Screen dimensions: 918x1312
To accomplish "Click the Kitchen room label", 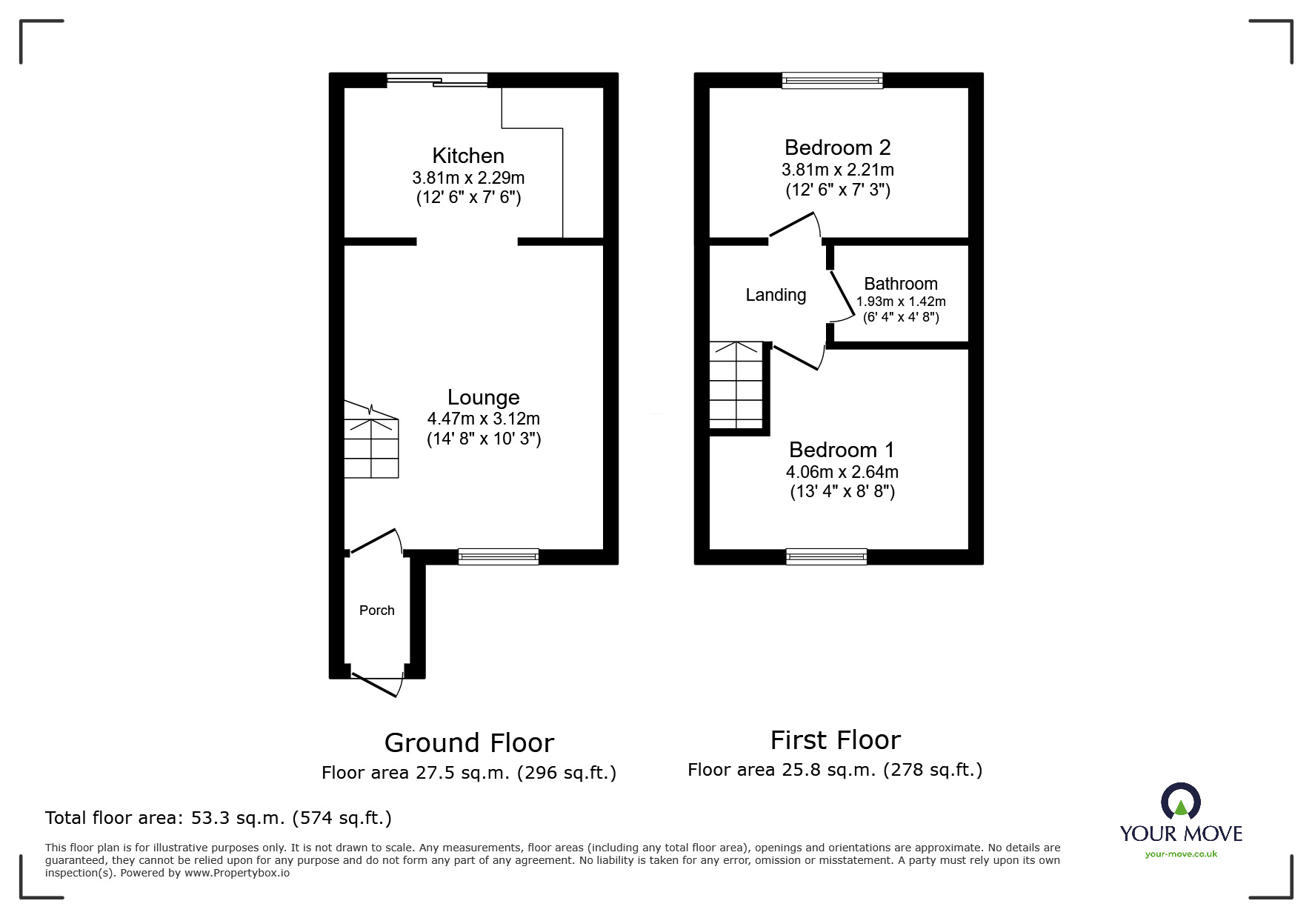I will tap(468, 156).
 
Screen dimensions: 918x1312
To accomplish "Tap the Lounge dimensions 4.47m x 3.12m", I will tap(483, 419).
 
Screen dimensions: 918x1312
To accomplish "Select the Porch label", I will tap(376, 611).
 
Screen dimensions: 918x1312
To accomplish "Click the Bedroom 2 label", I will tap(837, 147).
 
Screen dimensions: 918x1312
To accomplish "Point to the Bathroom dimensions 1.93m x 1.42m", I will tap(901, 302).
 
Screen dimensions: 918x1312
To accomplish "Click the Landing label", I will tap(776, 295).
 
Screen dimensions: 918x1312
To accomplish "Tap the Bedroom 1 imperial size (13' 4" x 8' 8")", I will tap(842, 491).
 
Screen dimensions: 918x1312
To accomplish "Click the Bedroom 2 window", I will tap(833, 80).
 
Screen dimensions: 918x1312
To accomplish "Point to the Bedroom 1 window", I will tap(826, 556).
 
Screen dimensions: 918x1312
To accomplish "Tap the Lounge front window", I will tap(498, 556).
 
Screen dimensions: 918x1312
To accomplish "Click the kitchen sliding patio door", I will tap(437, 80).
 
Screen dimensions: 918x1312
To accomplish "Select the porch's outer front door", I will tap(376, 683).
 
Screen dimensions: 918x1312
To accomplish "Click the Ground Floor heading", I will tap(469, 742).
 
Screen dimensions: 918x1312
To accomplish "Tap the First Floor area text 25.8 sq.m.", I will tap(835, 770).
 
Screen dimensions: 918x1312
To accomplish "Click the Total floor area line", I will tap(219, 818).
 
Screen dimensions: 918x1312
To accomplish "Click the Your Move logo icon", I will tap(1180, 802).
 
